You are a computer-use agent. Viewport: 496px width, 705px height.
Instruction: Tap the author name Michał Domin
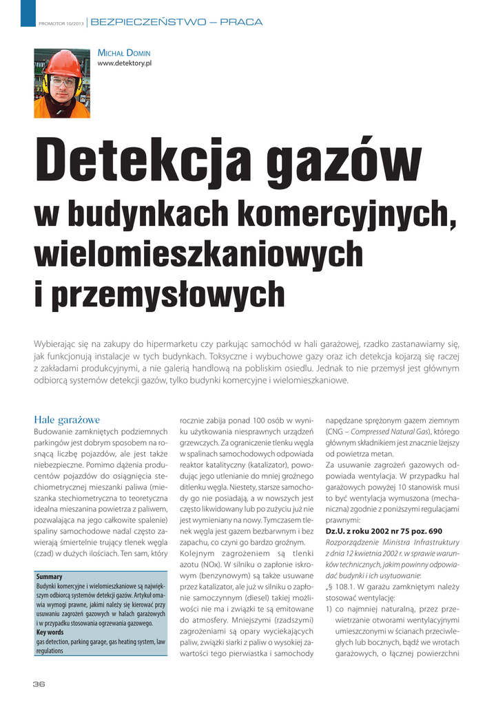click(124, 53)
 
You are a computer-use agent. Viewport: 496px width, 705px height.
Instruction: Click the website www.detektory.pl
click(125, 64)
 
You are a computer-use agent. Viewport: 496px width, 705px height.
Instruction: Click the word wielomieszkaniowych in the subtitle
click(198, 255)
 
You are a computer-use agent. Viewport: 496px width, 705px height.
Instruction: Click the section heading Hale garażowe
click(68, 419)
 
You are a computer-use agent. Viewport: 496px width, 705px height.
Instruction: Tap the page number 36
click(39, 684)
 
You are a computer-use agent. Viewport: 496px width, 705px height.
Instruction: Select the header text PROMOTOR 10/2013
click(61, 23)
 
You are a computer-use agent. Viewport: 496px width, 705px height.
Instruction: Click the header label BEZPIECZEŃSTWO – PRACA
click(176, 22)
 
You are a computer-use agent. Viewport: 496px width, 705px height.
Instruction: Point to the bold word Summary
click(49, 576)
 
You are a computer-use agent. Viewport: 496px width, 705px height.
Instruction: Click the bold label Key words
click(50, 632)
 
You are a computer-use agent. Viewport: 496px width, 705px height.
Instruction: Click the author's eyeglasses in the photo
click(63, 81)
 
